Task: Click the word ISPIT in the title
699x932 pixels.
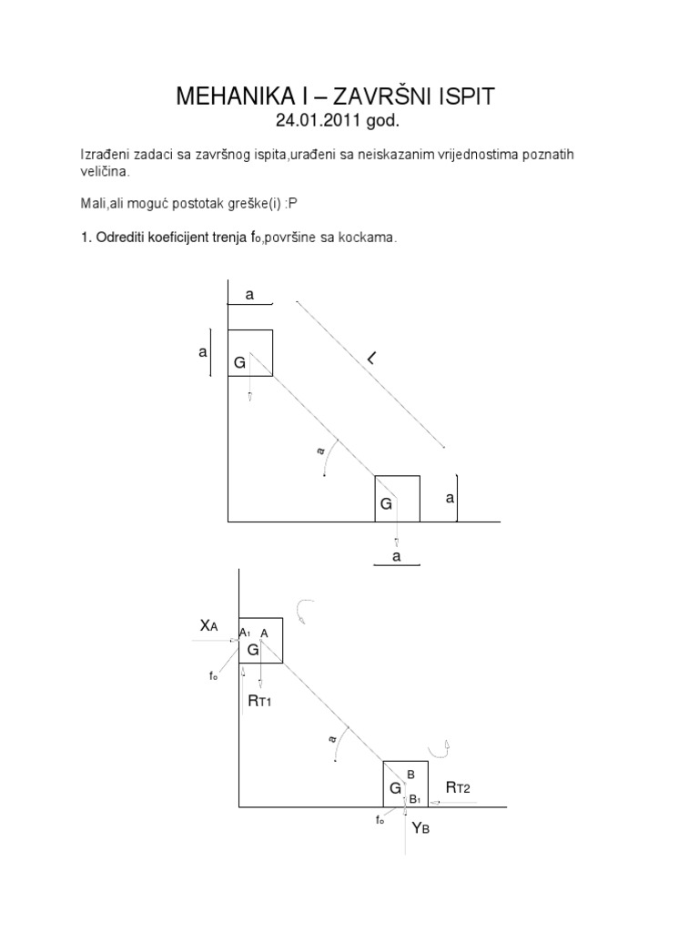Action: point(466,97)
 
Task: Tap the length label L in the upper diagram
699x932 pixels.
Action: point(371,362)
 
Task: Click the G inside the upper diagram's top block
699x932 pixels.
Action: point(239,362)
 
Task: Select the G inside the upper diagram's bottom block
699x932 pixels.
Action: point(386,502)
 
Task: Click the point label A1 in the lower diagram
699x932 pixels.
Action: point(244,633)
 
